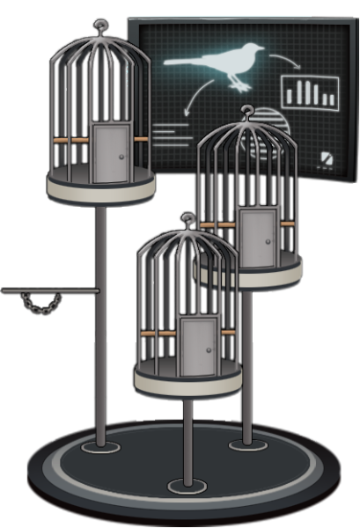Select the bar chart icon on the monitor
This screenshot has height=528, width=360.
pos(309,91)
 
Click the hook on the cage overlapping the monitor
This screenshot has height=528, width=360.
pos(253,114)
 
